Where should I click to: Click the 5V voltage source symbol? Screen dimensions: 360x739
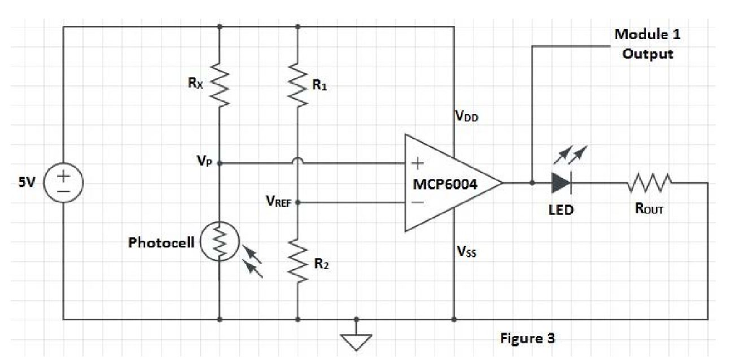(x=64, y=182)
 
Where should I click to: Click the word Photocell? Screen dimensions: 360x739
(x=161, y=242)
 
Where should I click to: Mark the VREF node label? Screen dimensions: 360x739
(x=278, y=203)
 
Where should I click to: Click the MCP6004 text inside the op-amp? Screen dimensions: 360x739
(x=445, y=183)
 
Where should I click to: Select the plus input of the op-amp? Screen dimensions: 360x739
(x=416, y=164)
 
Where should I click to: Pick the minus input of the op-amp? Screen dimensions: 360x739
(x=416, y=203)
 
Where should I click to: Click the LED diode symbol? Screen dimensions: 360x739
(x=561, y=183)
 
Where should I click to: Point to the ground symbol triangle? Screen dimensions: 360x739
(x=356, y=340)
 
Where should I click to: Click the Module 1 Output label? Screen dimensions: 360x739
(x=647, y=44)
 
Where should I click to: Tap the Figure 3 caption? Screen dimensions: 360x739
(x=528, y=338)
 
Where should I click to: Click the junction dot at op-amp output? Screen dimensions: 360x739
(x=532, y=183)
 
